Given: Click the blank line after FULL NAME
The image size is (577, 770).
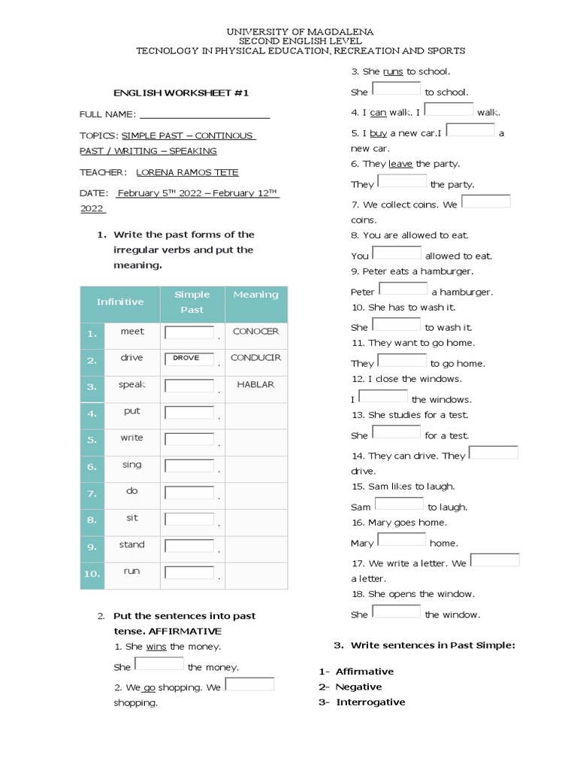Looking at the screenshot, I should pyautogui.click(x=204, y=114).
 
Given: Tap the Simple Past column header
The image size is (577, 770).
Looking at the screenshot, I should pyautogui.click(x=192, y=302).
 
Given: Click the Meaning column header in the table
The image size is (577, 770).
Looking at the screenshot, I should pyautogui.click(x=255, y=295).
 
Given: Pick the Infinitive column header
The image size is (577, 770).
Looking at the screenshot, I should pyautogui.click(x=120, y=302).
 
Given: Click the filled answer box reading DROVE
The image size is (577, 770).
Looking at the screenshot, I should pyautogui.click(x=189, y=359).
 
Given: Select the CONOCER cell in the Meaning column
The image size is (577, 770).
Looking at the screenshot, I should pyautogui.click(x=255, y=331).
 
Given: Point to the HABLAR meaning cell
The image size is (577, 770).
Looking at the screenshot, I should pyautogui.click(x=255, y=384).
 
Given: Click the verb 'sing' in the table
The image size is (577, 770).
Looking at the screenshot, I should pyautogui.click(x=131, y=465).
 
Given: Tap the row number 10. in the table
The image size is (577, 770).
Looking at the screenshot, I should pyautogui.click(x=92, y=574).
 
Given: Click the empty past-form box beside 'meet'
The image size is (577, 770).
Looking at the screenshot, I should pyautogui.click(x=189, y=332).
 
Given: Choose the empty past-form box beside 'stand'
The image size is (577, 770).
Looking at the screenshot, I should pyautogui.click(x=189, y=546).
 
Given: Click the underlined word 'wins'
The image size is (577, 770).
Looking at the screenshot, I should pyautogui.click(x=156, y=647).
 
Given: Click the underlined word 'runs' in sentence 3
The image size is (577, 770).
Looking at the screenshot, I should pyautogui.click(x=393, y=71).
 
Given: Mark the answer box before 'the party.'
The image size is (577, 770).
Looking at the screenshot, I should pyautogui.click(x=402, y=181).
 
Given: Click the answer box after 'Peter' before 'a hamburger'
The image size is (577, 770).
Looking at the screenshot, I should pyautogui.click(x=403, y=289).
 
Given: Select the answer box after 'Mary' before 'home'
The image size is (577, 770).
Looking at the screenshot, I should pyautogui.click(x=402, y=540).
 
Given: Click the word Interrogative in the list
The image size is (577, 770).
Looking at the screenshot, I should pyautogui.click(x=370, y=702).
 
